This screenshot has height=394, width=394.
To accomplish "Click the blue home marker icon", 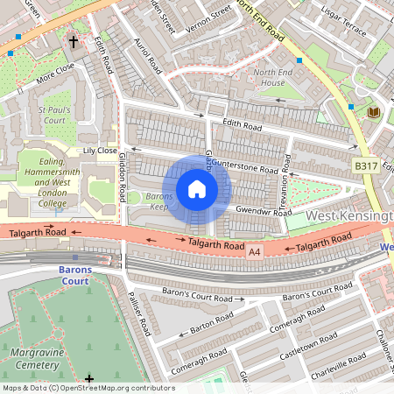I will [x=197, y=189].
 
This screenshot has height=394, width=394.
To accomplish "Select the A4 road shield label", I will [x=255, y=251].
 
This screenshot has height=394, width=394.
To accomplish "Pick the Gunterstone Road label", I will [x=245, y=165].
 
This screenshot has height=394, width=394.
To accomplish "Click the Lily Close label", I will [x=100, y=151].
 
